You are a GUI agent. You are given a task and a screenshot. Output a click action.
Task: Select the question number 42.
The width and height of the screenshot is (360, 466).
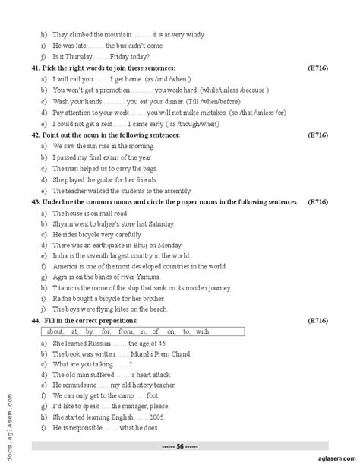click(36, 135)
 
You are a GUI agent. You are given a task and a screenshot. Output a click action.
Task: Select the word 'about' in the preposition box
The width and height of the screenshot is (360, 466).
click(55, 332)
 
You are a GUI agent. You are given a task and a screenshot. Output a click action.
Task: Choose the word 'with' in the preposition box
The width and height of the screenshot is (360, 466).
click(202, 332)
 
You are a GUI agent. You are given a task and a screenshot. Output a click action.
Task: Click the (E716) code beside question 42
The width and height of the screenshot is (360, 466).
click(317, 135)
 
